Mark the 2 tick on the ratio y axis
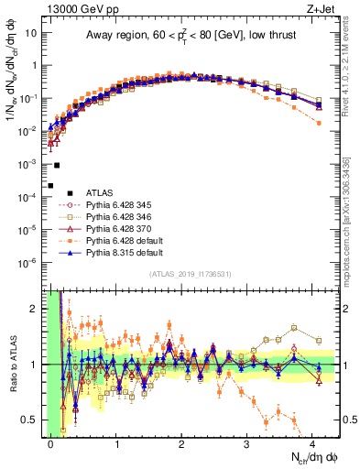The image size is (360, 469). [x=34, y=308]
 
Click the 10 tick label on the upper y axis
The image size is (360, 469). [x=29, y=33]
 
